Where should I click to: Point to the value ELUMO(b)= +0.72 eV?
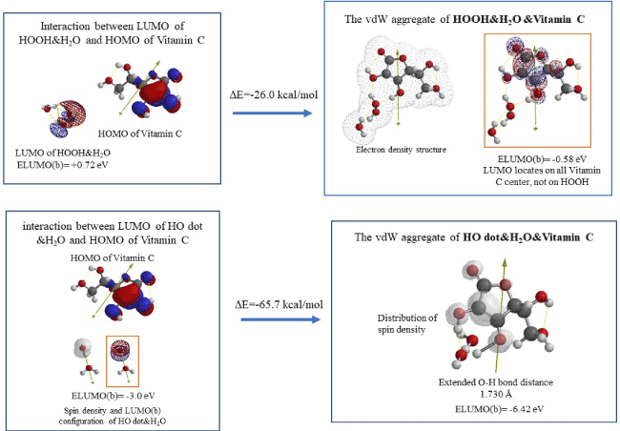[x=59, y=165]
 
